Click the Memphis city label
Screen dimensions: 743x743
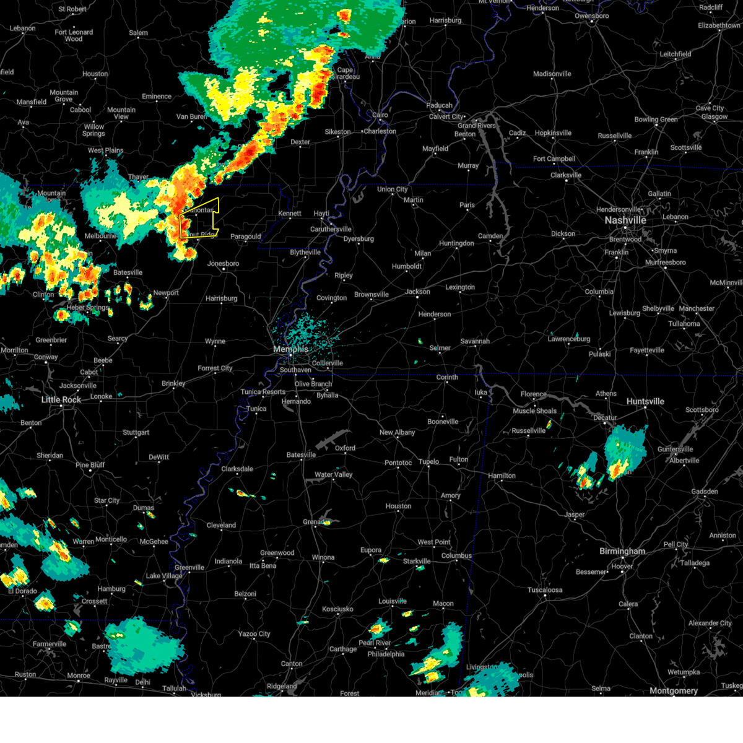pyautogui.click(x=290, y=349)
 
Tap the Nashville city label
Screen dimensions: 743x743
pyautogui.click(x=625, y=220)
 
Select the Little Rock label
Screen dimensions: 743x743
pyautogui.click(x=61, y=400)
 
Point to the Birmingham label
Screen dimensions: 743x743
pyautogui.click(x=622, y=551)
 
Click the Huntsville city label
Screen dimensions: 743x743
pyautogui.click(x=645, y=401)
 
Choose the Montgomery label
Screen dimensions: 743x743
pyautogui.click(x=674, y=690)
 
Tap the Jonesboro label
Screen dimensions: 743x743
pyautogui.click(x=223, y=264)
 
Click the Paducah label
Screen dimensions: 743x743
pyautogui.click(x=439, y=106)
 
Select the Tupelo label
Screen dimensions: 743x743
pyautogui.click(x=428, y=461)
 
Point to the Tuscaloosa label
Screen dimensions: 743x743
pyautogui.click(x=545, y=590)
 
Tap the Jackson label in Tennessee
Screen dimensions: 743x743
pyautogui.click(x=417, y=292)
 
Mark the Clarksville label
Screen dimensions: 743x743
pyautogui.click(x=566, y=175)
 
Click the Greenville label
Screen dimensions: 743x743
pyautogui.click(x=189, y=567)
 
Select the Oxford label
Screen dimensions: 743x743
pyautogui.click(x=345, y=448)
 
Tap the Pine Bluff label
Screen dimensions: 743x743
pyautogui.click(x=90, y=465)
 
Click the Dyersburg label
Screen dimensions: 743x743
pyautogui.click(x=358, y=239)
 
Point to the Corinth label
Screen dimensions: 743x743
pyautogui.click(x=447, y=377)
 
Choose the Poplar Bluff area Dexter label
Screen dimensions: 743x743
pyautogui.click(x=300, y=142)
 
